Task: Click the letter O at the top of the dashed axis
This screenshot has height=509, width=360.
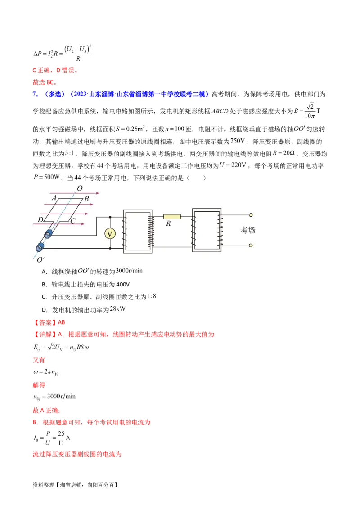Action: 80,188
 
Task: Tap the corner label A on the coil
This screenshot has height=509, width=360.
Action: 54,198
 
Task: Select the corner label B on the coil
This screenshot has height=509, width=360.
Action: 86,199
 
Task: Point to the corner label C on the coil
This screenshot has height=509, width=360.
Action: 72,221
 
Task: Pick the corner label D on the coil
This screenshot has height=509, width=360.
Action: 40,220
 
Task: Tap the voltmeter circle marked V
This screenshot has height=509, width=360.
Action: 110,234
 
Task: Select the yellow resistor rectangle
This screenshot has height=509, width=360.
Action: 172,216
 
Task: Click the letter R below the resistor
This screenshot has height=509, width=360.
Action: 168,223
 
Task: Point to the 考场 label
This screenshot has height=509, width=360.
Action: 248,230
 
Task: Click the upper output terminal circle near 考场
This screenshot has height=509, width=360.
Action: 251,215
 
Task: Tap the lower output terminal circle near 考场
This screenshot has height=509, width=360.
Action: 251,246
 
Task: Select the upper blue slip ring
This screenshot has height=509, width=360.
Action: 48,235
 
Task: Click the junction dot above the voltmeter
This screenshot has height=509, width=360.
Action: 110,216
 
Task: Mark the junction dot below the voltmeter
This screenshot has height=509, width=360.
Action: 110,248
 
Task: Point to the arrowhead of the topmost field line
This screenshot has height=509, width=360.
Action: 99,192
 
